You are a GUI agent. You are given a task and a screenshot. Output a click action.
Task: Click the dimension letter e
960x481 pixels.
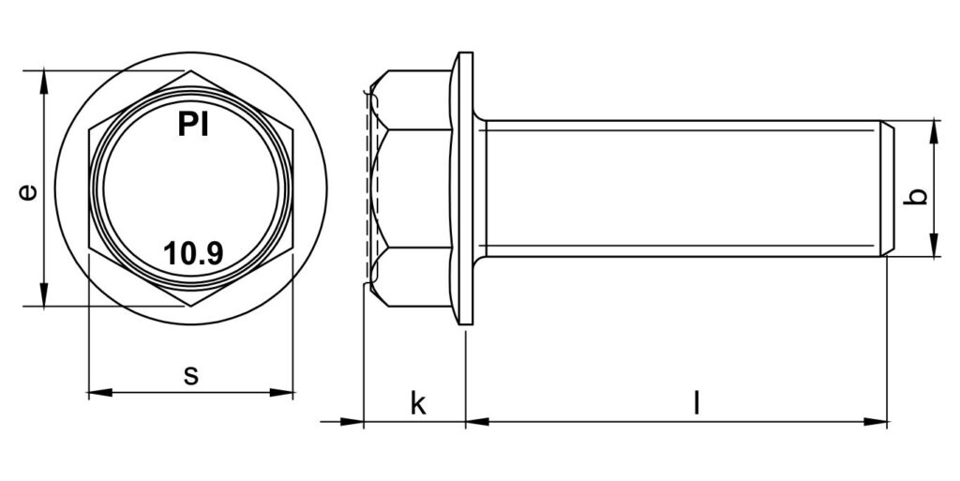tap(29, 191)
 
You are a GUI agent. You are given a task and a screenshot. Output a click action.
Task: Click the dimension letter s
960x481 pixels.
tap(191, 375)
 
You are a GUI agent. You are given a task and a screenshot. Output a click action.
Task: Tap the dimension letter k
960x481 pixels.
tap(418, 404)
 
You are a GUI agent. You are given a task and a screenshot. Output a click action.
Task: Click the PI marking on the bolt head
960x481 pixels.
tap(191, 125)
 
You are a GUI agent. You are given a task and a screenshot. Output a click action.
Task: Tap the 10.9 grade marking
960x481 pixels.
tap(193, 253)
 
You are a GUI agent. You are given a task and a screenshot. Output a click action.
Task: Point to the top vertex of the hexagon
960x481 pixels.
tap(191, 71)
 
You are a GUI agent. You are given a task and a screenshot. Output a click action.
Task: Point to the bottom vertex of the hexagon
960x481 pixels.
tap(191, 307)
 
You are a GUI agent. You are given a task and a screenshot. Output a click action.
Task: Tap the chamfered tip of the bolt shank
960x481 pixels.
tap(886, 188)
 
